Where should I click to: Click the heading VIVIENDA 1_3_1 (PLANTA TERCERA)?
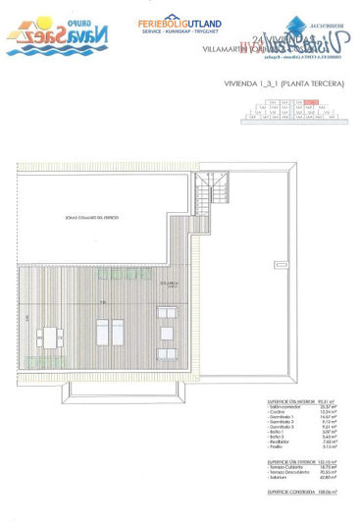[x=284, y=85]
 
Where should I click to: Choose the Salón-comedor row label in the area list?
[x=286, y=405]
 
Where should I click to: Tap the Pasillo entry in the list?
[x=279, y=446]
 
